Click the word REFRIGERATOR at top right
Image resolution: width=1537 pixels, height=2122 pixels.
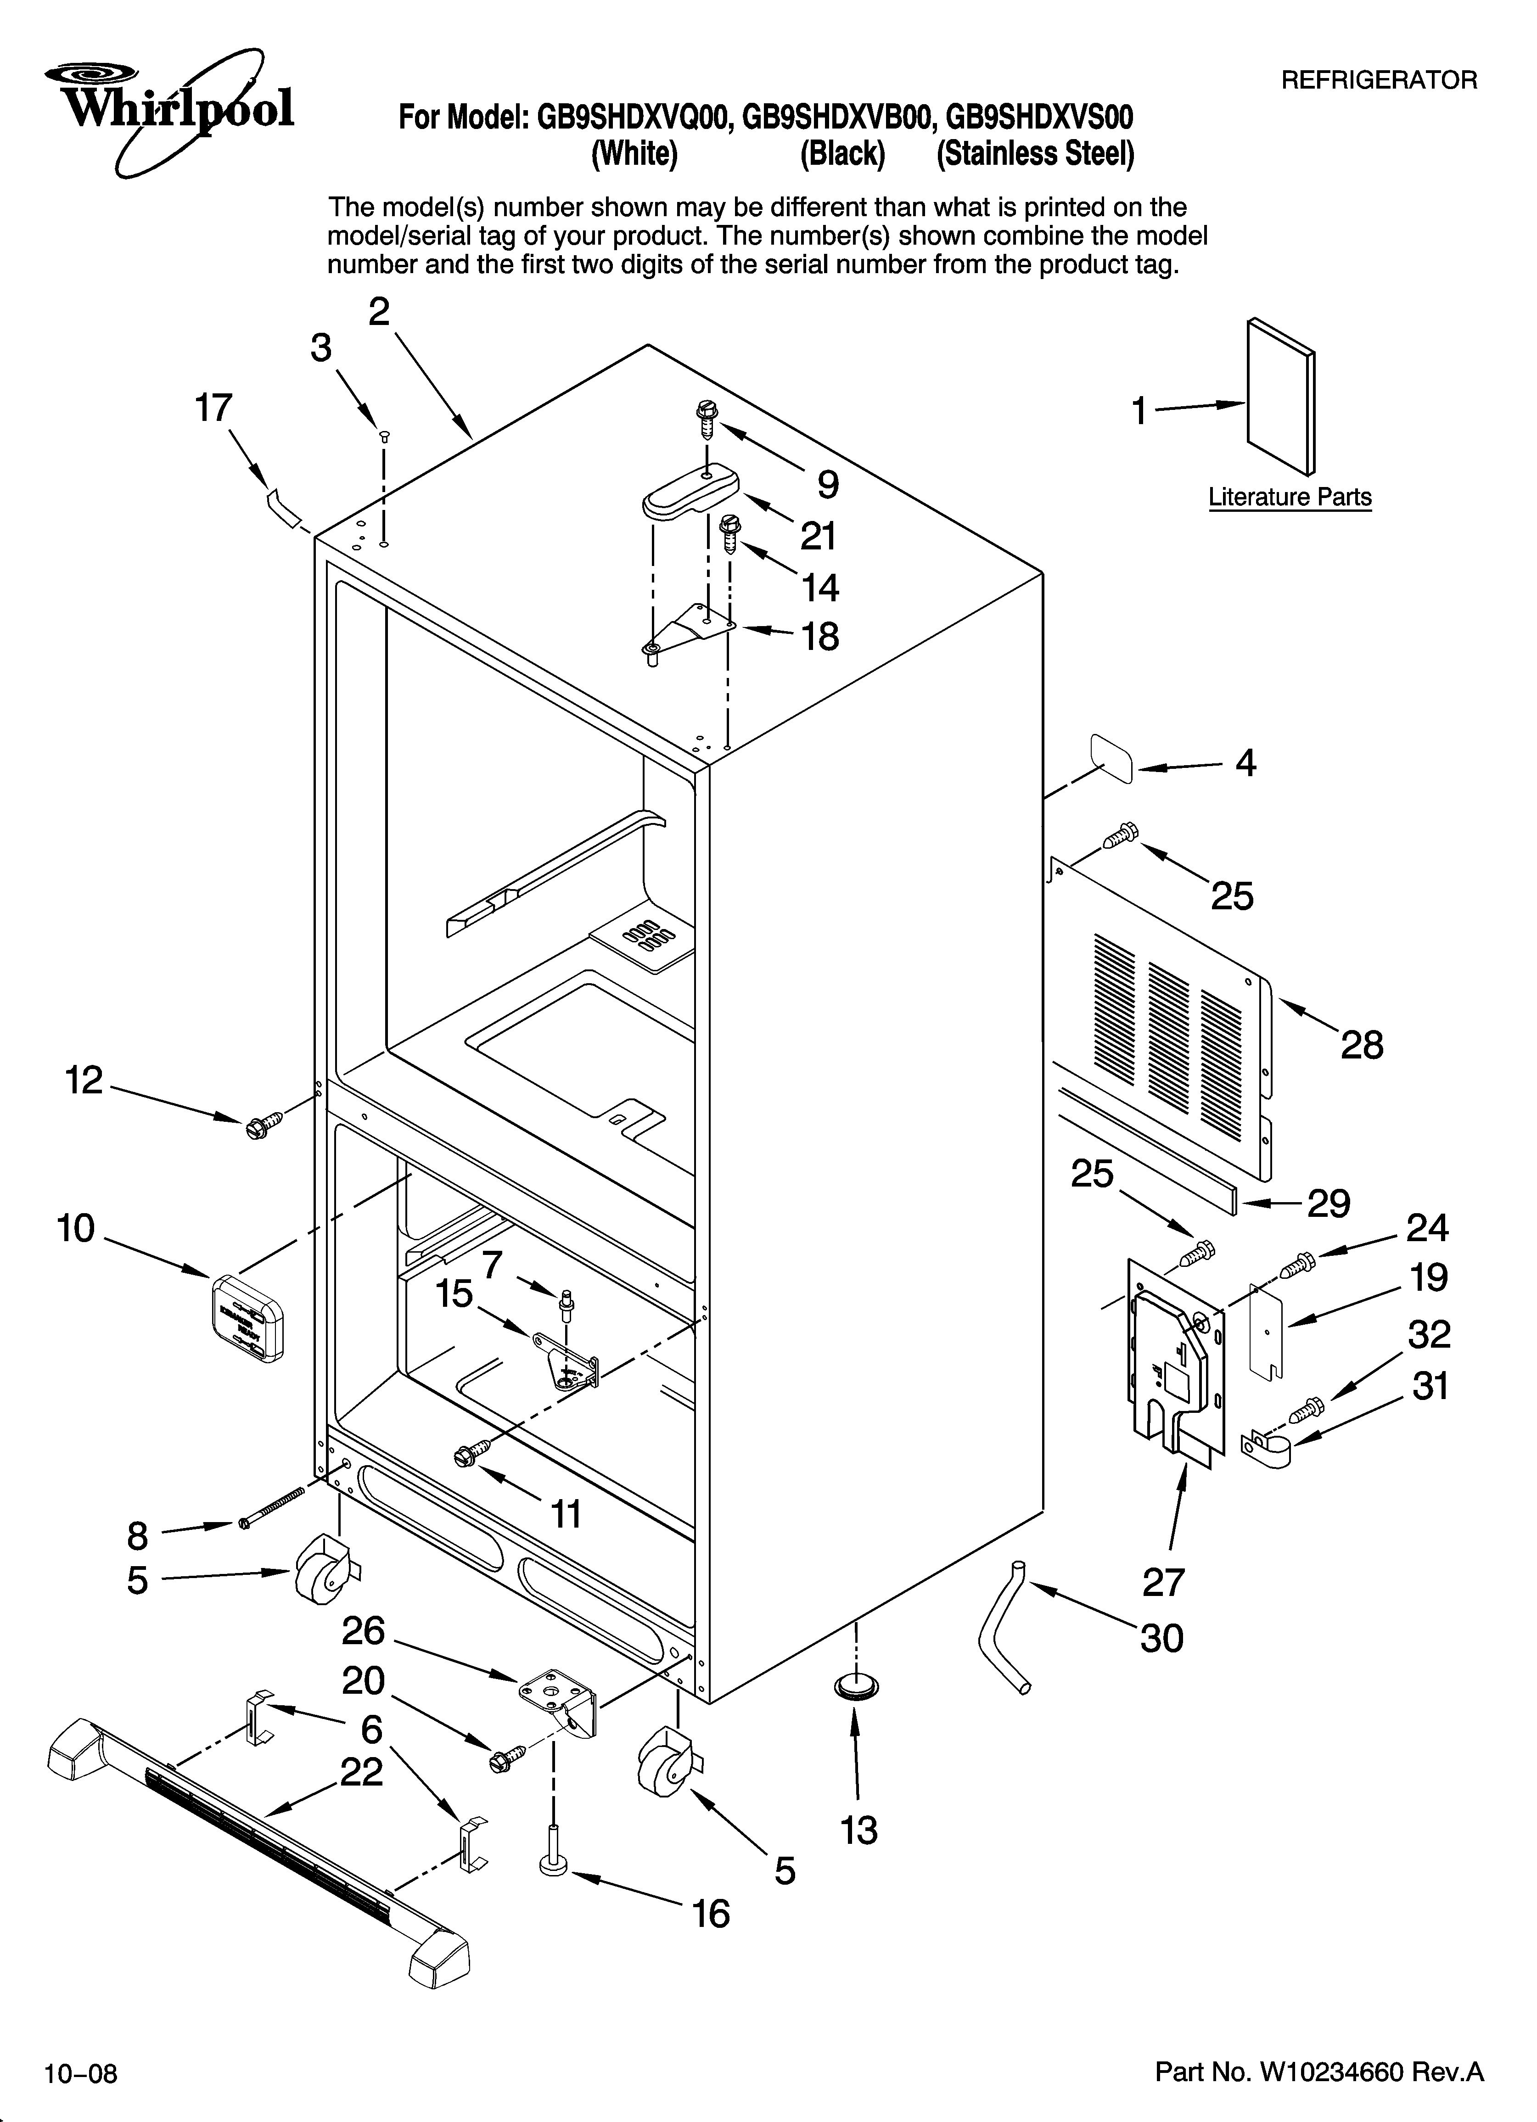pyautogui.click(x=1378, y=80)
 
